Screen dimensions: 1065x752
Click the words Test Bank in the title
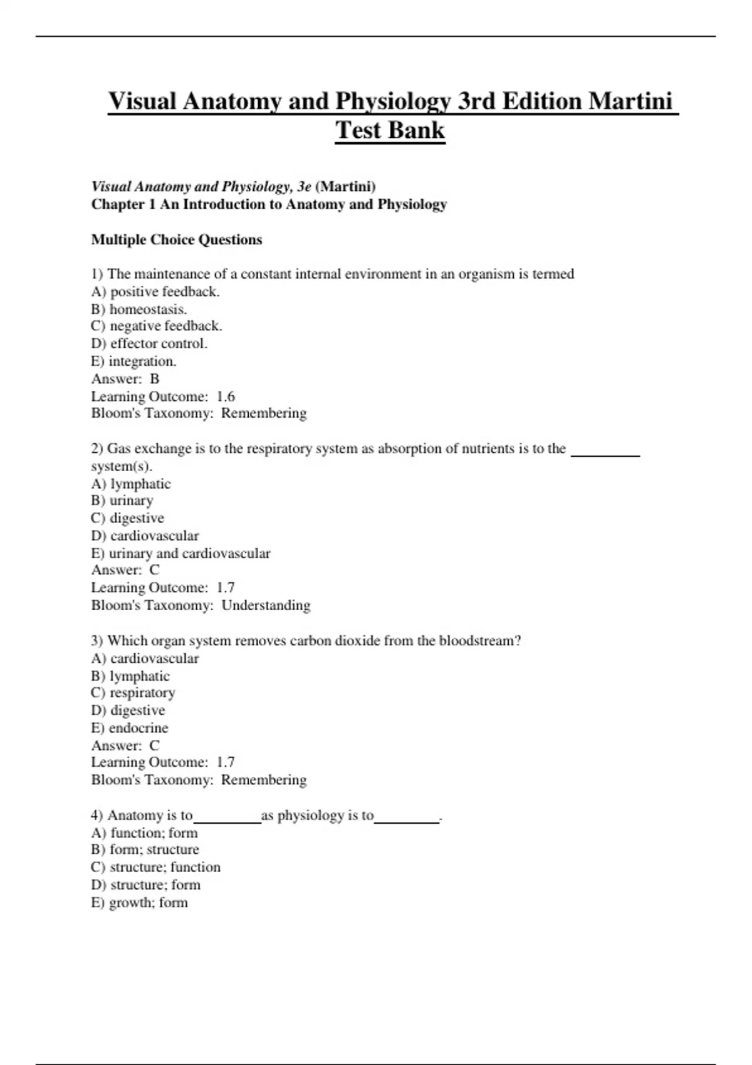pyautogui.click(x=390, y=130)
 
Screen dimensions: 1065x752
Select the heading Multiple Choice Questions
pyautogui.click(x=177, y=240)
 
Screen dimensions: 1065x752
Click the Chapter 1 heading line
pyautogui.click(x=269, y=204)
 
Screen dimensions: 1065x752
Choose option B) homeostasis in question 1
pyautogui.click(x=139, y=309)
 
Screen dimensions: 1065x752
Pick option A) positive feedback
pyautogui.click(x=155, y=291)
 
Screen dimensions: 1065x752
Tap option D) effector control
pyautogui.click(x=149, y=343)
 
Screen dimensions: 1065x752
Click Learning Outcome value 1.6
pyautogui.click(x=226, y=397)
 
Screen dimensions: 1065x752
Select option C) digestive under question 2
pyautogui.click(x=128, y=518)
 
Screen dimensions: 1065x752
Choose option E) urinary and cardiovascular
pyautogui.click(x=180, y=553)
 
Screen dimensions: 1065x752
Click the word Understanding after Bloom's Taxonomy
pyautogui.click(x=266, y=605)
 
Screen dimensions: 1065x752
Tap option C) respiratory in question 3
pyautogui.click(x=133, y=693)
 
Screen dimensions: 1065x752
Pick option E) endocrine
pyautogui.click(x=130, y=728)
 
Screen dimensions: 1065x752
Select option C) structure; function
pyautogui.click(x=155, y=867)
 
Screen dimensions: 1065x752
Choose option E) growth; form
pyautogui.click(x=139, y=903)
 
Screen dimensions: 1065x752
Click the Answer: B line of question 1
pyautogui.click(x=125, y=379)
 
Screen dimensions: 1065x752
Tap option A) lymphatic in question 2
pyautogui.click(x=130, y=484)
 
